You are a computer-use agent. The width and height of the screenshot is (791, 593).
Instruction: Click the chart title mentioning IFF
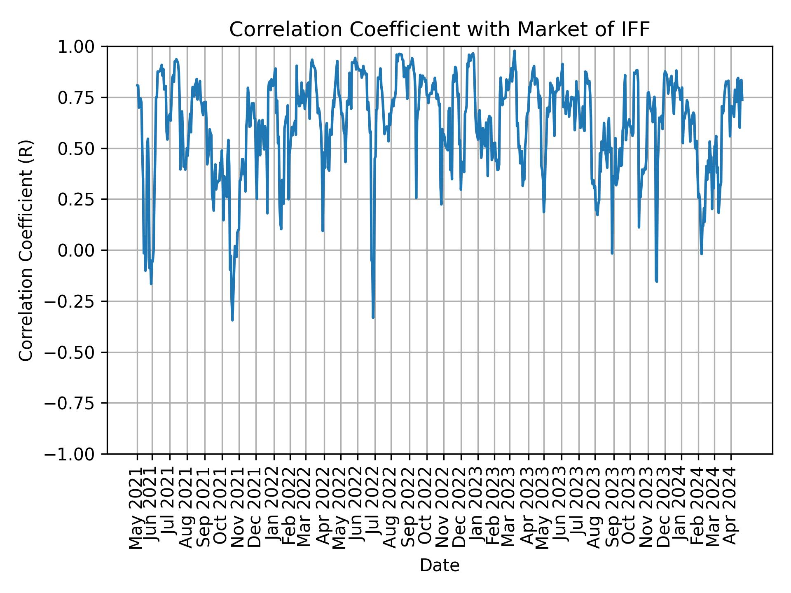pos(439,30)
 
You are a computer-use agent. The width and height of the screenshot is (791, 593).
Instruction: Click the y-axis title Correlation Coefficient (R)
pos(26,250)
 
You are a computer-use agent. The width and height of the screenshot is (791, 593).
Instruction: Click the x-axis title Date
pos(439,565)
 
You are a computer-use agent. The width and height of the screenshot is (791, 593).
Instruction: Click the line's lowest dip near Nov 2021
pos(232,320)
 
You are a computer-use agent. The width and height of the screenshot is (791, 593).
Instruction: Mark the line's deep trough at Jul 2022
pos(373,318)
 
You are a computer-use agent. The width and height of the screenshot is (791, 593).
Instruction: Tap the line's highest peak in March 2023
pos(515,51)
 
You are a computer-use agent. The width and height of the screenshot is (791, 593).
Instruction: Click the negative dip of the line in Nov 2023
pos(656,282)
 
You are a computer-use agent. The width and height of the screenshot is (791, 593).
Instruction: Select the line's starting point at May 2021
pos(137,85)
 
